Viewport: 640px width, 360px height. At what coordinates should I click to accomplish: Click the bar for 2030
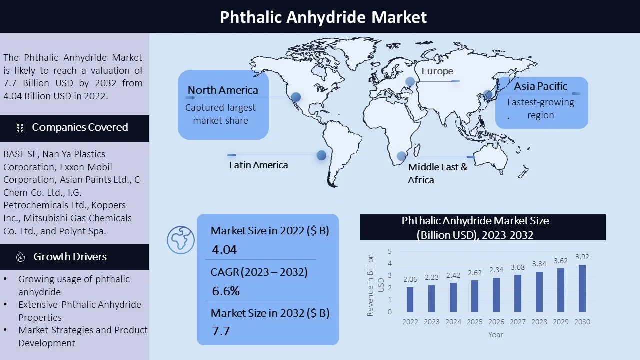[582, 288]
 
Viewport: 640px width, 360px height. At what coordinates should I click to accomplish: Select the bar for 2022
[410, 299]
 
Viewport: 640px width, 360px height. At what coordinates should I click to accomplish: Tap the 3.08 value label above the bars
[517, 267]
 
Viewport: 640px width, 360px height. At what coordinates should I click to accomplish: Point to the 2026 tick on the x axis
[496, 322]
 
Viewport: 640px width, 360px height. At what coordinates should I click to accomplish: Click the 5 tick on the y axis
[390, 251]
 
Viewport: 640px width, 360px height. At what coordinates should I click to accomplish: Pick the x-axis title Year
[495, 335]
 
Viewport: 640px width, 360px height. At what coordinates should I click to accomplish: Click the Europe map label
[437, 71]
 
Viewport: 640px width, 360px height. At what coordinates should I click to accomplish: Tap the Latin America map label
[258, 165]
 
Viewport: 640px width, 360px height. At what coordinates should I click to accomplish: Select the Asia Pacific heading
[541, 86]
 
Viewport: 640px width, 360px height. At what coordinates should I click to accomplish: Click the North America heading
[223, 90]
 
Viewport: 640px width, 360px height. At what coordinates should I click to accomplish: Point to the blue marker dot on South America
[321, 155]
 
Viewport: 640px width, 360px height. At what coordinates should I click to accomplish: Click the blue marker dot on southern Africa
[401, 156]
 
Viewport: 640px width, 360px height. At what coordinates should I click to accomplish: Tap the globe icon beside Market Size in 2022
[181, 240]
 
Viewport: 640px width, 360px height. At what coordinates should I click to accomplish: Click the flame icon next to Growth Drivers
[20, 257]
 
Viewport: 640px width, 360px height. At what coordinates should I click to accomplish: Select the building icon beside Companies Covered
[20, 128]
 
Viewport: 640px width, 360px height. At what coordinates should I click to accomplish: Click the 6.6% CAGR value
[225, 291]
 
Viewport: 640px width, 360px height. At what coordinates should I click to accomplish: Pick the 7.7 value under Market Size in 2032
[221, 331]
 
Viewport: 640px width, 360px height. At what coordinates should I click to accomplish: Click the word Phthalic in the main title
[251, 17]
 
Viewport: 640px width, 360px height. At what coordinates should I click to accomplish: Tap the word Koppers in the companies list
[108, 205]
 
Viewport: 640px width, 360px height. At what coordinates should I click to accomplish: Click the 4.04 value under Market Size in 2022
[224, 250]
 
